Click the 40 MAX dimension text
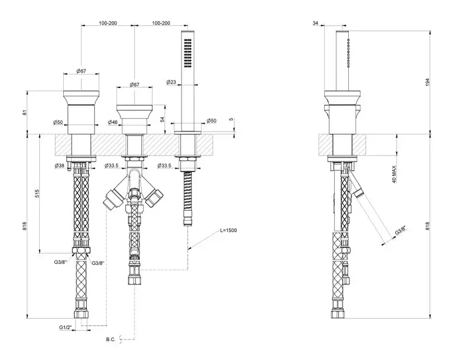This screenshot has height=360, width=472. pyautogui.click(x=394, y=175)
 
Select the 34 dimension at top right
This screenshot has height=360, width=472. pyautogui.click(x=315, y=23)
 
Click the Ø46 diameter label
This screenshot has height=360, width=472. pyautogui.click(x=112, y=121)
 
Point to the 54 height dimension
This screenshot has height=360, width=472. pyautogui.click(x=162, y=119)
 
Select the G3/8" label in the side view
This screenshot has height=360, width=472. pyautogui.click(x=401, y=230)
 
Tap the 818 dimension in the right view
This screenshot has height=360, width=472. pyautogui.click(x=427, y=226)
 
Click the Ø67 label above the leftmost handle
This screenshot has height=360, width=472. pyautogui.click(x=82, y=71)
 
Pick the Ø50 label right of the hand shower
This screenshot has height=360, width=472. pyautogui.click(x=212, y=121)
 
